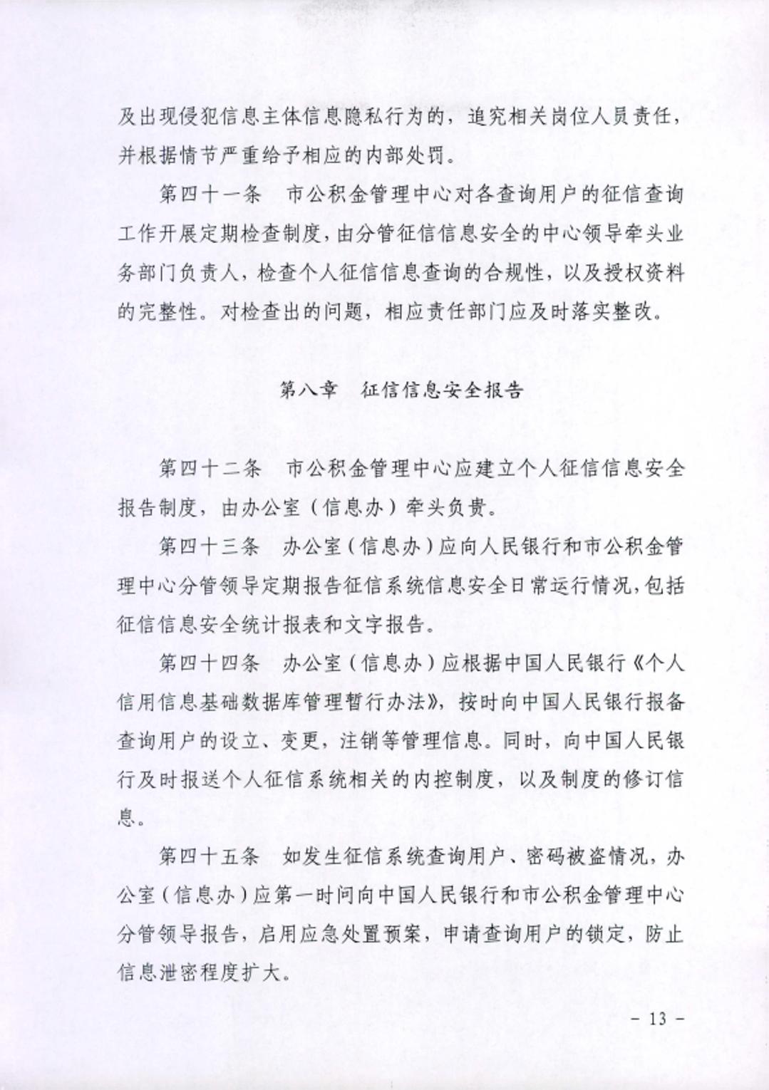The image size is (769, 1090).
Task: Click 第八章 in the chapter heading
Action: (x=307, y=390)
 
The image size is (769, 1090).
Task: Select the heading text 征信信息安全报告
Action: (x=443, y=390)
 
